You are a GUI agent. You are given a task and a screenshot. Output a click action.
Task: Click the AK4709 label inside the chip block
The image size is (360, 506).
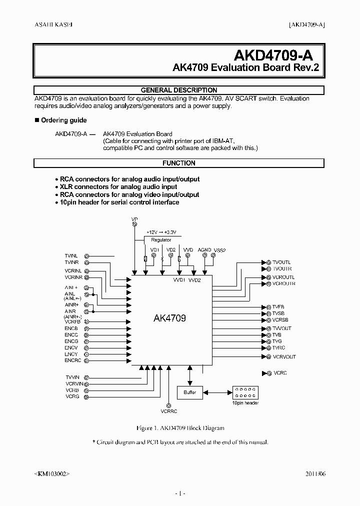(168, 318)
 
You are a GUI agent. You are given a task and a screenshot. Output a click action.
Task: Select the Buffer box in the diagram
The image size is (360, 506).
(189, 392)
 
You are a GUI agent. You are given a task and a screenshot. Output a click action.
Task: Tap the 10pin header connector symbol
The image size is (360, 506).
(245, 392)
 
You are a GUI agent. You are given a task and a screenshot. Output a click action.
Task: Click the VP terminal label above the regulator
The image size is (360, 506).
(134, 219)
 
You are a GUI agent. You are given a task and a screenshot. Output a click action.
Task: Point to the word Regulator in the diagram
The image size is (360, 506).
(161, 240)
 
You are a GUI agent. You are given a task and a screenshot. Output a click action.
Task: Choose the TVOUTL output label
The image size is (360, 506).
(281, 262)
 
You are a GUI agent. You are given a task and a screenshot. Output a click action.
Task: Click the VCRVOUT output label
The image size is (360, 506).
(284, 357)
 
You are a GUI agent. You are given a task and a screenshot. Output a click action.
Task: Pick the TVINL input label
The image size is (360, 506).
(71, 255)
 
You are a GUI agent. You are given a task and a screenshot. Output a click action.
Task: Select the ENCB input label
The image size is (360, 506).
(71, 328)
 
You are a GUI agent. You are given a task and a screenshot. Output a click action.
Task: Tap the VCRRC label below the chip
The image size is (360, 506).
(169, 411)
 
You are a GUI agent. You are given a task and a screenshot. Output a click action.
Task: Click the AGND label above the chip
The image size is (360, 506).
(204, 249)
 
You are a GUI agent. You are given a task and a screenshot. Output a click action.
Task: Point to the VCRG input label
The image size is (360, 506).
(72, 396)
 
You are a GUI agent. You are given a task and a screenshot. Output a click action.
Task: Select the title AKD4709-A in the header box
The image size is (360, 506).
(274, 54)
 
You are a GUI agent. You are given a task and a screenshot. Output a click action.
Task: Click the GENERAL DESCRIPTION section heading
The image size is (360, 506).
(179, 90)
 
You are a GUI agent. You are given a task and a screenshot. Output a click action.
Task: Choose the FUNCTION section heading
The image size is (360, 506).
(179, 163)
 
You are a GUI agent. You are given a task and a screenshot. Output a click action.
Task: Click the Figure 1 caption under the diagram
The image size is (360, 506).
(180, 428)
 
